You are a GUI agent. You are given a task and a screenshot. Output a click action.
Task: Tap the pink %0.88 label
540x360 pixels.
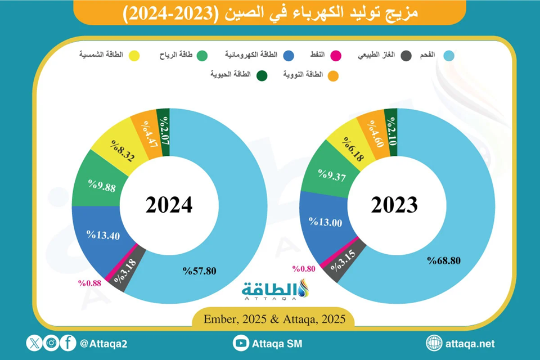(90, 283)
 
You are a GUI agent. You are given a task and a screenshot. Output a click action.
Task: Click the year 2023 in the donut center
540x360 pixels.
(394, 205)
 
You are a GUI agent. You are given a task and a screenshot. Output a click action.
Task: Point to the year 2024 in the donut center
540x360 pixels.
(169, 205)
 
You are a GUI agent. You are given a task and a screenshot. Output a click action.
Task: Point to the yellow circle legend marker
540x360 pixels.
(134, 55)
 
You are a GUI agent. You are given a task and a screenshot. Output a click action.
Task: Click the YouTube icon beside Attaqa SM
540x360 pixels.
(240, 343)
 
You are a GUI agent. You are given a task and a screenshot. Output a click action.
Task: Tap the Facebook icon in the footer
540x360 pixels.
(67, 343)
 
